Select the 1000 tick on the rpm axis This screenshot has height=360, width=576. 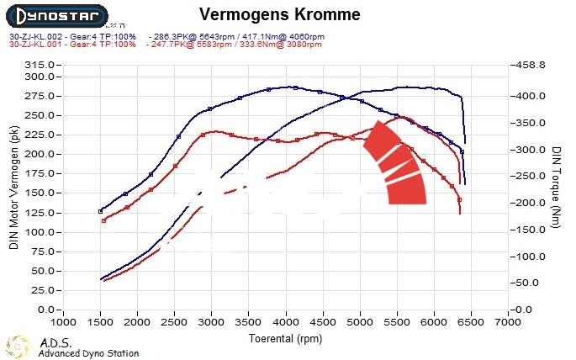pos(63,322)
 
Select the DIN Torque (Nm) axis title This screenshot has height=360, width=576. pos(557,187)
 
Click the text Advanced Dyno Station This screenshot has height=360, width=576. pos(88,354)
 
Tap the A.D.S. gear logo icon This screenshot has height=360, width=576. pos(18,347)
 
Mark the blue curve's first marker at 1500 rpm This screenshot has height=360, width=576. pos(101,211)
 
